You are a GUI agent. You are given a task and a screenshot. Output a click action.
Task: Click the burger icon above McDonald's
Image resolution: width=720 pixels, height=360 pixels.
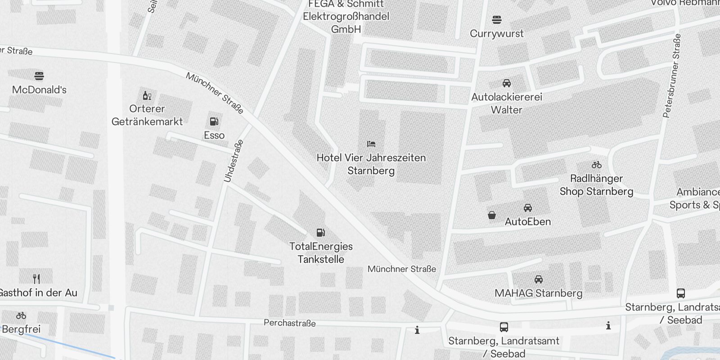click(39, 76)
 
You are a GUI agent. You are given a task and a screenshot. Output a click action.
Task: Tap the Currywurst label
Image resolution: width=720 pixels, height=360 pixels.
click(497, 34)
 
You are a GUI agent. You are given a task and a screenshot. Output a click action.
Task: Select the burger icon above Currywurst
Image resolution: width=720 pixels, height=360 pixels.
click(497, 20)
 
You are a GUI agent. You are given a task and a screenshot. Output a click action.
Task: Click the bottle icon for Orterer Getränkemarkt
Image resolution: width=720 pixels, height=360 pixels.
click(147, 95)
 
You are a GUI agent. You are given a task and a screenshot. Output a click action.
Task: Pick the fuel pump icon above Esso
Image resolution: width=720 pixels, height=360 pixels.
click(214, 121)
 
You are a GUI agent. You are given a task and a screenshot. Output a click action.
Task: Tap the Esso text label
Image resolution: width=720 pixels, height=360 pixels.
click(214, 135)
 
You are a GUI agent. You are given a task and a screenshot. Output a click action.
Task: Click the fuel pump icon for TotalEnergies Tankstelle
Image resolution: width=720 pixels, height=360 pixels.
click(321, 233)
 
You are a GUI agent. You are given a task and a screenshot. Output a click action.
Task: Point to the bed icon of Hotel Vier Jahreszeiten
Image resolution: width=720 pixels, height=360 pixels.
click(371, 144)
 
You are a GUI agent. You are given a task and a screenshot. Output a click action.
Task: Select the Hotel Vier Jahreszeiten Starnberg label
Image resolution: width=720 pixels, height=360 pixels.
click(371, 164)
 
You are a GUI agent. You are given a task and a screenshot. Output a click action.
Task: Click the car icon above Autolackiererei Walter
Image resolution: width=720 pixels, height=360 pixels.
click(507, 83)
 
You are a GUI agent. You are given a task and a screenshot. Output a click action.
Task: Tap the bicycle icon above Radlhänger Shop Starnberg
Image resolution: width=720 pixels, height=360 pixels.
click(597, 165)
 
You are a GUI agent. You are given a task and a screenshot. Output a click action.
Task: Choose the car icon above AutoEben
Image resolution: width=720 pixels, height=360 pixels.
click(528, 208)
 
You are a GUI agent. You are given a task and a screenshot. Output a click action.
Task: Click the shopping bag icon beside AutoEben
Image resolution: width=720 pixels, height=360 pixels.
click(492, 216)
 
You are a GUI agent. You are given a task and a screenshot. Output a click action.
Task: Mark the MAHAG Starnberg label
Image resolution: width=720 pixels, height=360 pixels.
click(538, 293)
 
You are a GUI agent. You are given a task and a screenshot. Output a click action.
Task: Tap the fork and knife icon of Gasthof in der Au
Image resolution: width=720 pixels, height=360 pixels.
click(37, 279)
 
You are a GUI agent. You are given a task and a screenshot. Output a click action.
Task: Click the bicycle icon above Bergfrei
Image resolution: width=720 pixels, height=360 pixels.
click(21, 315)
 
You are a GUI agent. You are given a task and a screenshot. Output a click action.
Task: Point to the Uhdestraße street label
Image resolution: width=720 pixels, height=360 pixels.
click(234, 161)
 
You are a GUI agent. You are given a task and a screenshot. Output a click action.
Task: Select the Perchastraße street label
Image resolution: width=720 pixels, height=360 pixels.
click(290, 323)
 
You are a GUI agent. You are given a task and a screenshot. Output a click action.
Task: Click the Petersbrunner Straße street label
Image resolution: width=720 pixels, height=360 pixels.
click(672, 76)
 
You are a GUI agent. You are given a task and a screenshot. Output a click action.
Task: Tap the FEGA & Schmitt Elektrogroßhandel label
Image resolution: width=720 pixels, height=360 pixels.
click(346, 17)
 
